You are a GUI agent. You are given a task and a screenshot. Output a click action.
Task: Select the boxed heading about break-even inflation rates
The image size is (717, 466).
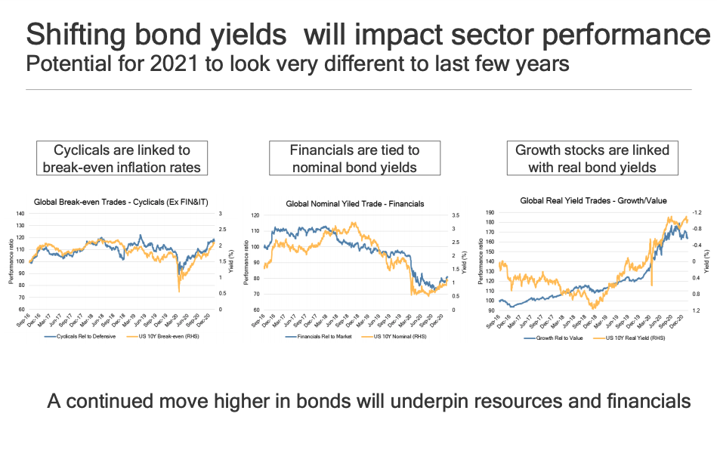[x=122, y=159]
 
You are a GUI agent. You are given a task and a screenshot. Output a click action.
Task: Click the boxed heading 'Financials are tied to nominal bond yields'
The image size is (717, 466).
[x=354, y=159]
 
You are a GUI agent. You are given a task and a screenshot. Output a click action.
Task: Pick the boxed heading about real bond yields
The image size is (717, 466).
[x=592, y=159]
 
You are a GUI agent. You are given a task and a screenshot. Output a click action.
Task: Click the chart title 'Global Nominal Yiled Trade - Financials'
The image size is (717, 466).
[x=354, y=204]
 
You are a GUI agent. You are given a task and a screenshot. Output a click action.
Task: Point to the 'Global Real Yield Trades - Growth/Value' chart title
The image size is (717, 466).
[x=593, y=200]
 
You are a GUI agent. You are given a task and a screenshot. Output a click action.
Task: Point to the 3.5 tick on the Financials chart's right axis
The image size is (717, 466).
[x=456, y=215]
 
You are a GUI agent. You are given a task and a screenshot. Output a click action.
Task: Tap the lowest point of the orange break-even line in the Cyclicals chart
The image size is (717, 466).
[x=179, y=292]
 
